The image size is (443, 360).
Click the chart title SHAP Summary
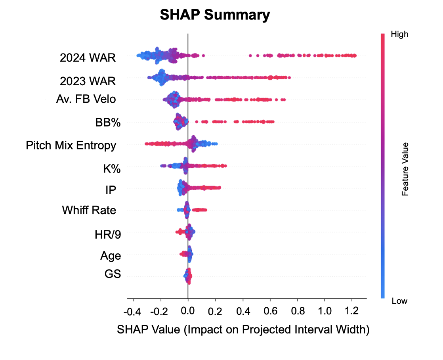[215, 15]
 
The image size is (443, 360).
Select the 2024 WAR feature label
[88, 58]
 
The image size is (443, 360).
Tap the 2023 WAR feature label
[88, 81]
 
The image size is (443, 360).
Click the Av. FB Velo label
[86, 99]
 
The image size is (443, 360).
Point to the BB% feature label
[108, 123]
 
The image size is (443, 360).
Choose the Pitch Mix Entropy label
[71, 145]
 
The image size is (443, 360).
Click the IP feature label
[111, 191]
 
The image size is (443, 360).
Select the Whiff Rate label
[89, 210]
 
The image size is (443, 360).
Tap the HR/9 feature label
[108, 235]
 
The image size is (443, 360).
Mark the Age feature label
[110, 256]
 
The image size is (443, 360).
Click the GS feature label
[113, 274]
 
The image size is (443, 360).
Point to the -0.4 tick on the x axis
[132, 312]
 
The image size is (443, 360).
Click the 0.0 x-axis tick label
[187, 312]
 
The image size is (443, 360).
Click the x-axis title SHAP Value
[243, 329]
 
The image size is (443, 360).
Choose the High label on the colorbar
[399, 34]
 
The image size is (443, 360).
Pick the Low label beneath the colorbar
[399, 301]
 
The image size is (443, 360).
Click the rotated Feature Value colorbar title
[405, 169]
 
